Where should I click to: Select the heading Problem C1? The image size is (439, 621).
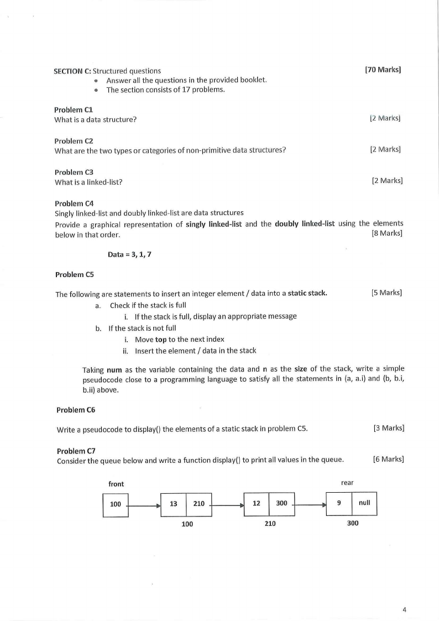74,109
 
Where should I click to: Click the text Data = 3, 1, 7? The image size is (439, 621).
129,254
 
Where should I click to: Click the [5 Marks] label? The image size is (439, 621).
386,293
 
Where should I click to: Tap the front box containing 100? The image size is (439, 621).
116,504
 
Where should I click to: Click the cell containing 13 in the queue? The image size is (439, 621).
173,504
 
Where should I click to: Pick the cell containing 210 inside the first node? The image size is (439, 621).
199,504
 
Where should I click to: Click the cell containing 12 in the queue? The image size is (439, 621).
257,503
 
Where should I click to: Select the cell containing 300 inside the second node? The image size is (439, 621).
281,503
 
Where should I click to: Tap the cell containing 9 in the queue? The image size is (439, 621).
339,503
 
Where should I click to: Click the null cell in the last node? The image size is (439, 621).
364,503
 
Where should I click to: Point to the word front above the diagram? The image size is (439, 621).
116,484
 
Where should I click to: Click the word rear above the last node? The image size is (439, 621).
347,483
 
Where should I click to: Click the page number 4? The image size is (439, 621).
404,609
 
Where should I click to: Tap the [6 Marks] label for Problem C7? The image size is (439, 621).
388,459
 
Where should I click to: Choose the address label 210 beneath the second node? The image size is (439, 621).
270,523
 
